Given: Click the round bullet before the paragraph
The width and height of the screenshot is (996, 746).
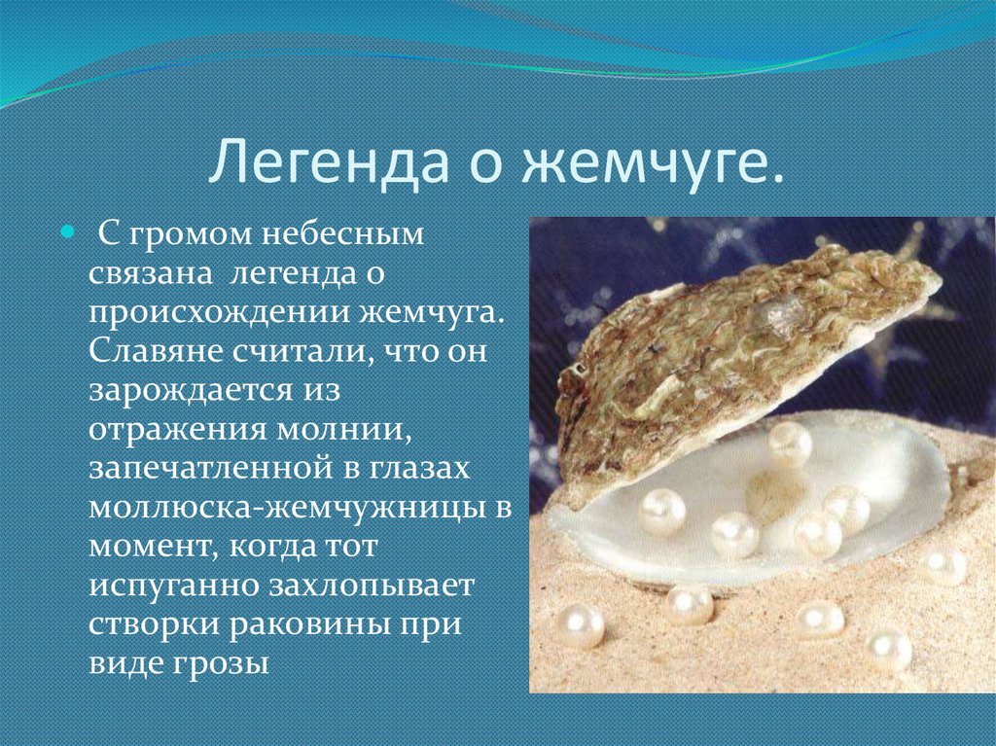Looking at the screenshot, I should click(x=67, y=233).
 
